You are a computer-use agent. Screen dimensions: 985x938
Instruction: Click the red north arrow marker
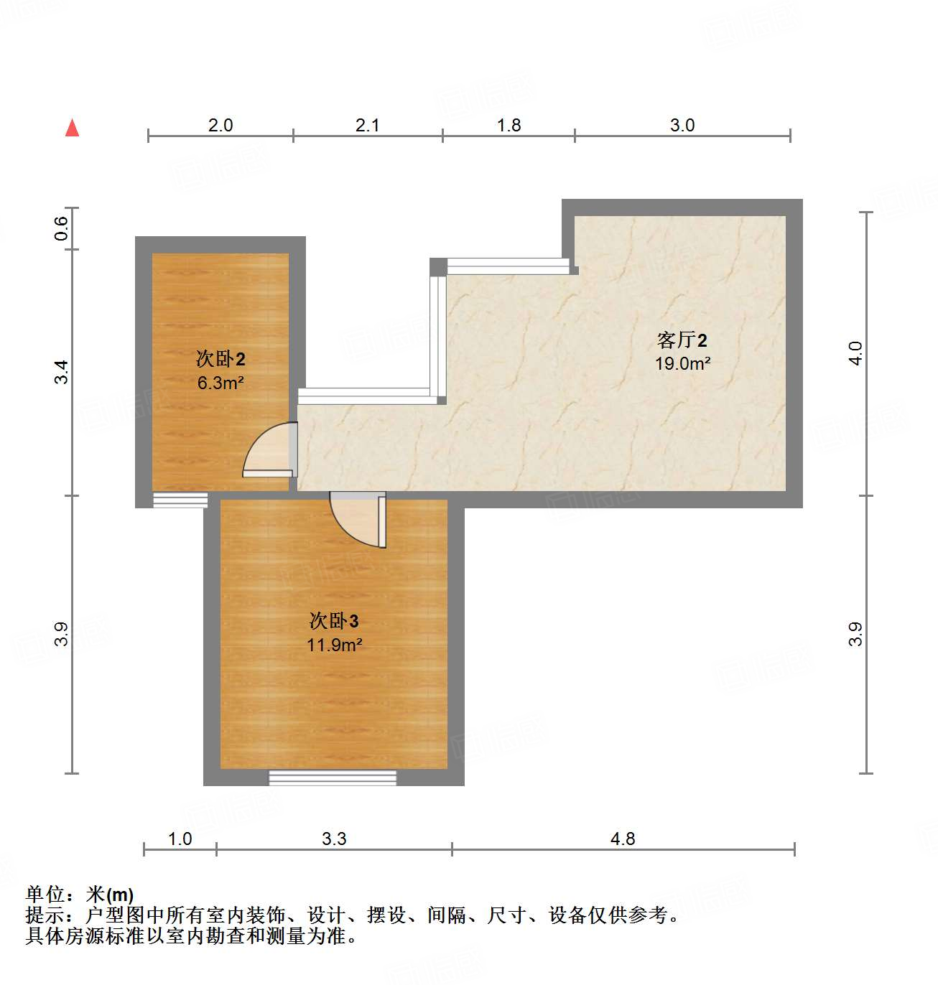coord(72,128)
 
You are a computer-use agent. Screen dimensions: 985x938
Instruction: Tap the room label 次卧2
coord(220,358)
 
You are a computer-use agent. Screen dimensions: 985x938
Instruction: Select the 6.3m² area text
coord(220,383)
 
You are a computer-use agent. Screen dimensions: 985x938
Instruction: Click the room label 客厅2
coord(682,340)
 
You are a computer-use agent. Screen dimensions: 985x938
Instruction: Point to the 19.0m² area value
coord(682,364)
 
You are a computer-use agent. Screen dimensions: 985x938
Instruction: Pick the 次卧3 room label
coord(334,620)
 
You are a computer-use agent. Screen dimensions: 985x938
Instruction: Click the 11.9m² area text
coord(334,645)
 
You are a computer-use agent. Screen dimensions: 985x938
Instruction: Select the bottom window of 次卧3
coord(333,778)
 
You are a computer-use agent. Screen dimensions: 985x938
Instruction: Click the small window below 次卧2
coord(180,500)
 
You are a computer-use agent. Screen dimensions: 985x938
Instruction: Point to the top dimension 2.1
coord(367,126)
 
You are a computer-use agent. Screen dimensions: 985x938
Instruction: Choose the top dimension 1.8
coord(509,126)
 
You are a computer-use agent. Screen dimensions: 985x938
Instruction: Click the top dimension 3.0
coord(682,126)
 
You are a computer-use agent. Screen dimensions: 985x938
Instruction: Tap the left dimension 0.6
coord(61,228)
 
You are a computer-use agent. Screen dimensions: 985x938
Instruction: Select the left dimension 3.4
coord(61,372)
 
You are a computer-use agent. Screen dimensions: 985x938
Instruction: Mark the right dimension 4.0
coord(855,353)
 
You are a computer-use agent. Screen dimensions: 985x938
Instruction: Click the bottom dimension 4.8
coord(623,839)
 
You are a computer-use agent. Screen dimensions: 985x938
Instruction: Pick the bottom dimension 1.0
coord(180,839)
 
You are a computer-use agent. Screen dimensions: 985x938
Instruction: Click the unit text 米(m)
coord(110,895)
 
